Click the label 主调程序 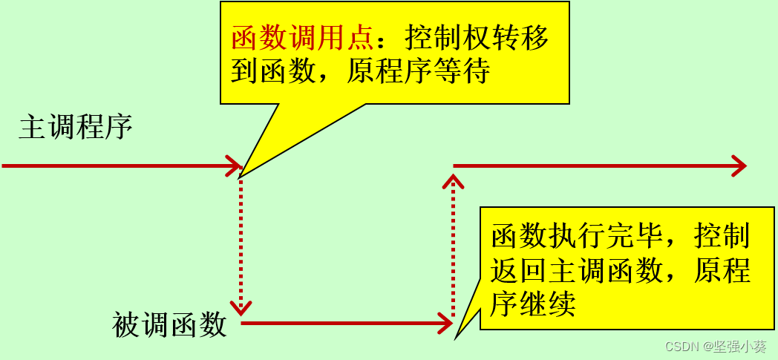point(76,127)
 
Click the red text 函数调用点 point(304,38)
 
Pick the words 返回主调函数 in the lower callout point(575,271)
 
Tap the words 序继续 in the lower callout point(533,304)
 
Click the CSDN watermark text point(682,347)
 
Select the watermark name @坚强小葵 point(735,347)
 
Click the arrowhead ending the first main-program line point(235,166)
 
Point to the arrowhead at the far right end point(739,166)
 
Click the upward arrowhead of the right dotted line point(453,181)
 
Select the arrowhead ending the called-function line point(445,323)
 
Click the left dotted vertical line point(241,238)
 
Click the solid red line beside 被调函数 point(341,323)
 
